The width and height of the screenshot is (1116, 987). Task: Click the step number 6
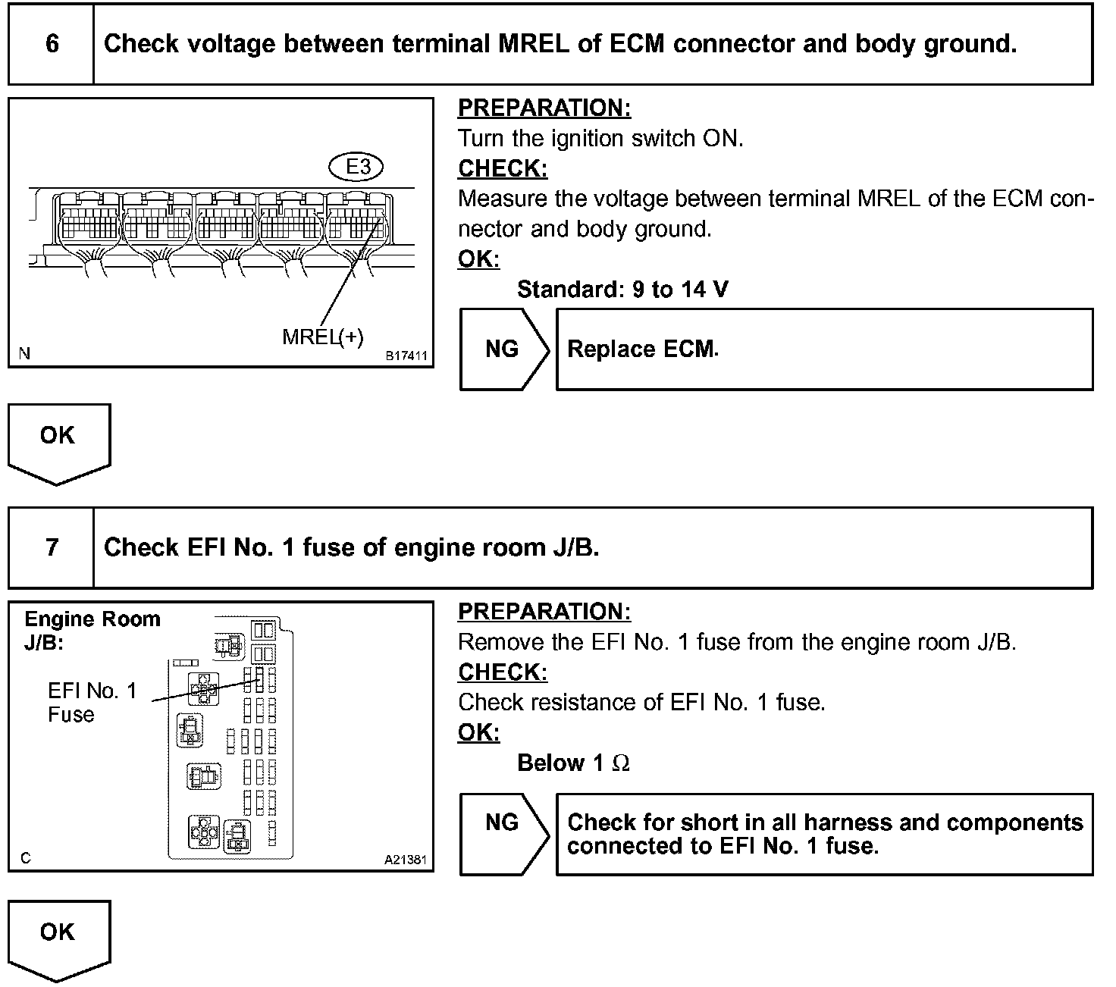click(52, 44)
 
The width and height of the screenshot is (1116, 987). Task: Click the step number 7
click(52, 547)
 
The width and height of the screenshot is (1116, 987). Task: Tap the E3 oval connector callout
click(357, 167)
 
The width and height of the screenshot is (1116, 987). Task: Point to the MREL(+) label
click(323, 337)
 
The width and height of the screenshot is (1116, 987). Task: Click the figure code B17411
click(406, 356)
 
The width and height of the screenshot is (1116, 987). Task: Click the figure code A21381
click(406, 860)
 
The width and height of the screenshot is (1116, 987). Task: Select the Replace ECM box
click(824, 349)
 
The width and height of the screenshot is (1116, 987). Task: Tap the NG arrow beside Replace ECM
click(503, 349)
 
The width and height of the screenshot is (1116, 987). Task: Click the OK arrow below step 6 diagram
click(58, 442)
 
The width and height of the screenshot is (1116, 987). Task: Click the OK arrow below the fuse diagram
click(58, 938)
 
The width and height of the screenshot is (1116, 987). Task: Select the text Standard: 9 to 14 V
click(622, 289)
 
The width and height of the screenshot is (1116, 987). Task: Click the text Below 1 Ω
click(573, 763)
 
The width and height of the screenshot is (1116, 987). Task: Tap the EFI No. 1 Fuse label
click(92, 702)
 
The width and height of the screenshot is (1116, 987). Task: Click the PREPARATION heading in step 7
click(544, 612)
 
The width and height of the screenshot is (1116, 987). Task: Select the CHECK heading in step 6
click(503, 168)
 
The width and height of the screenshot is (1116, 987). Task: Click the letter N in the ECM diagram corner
click(25, 353)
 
